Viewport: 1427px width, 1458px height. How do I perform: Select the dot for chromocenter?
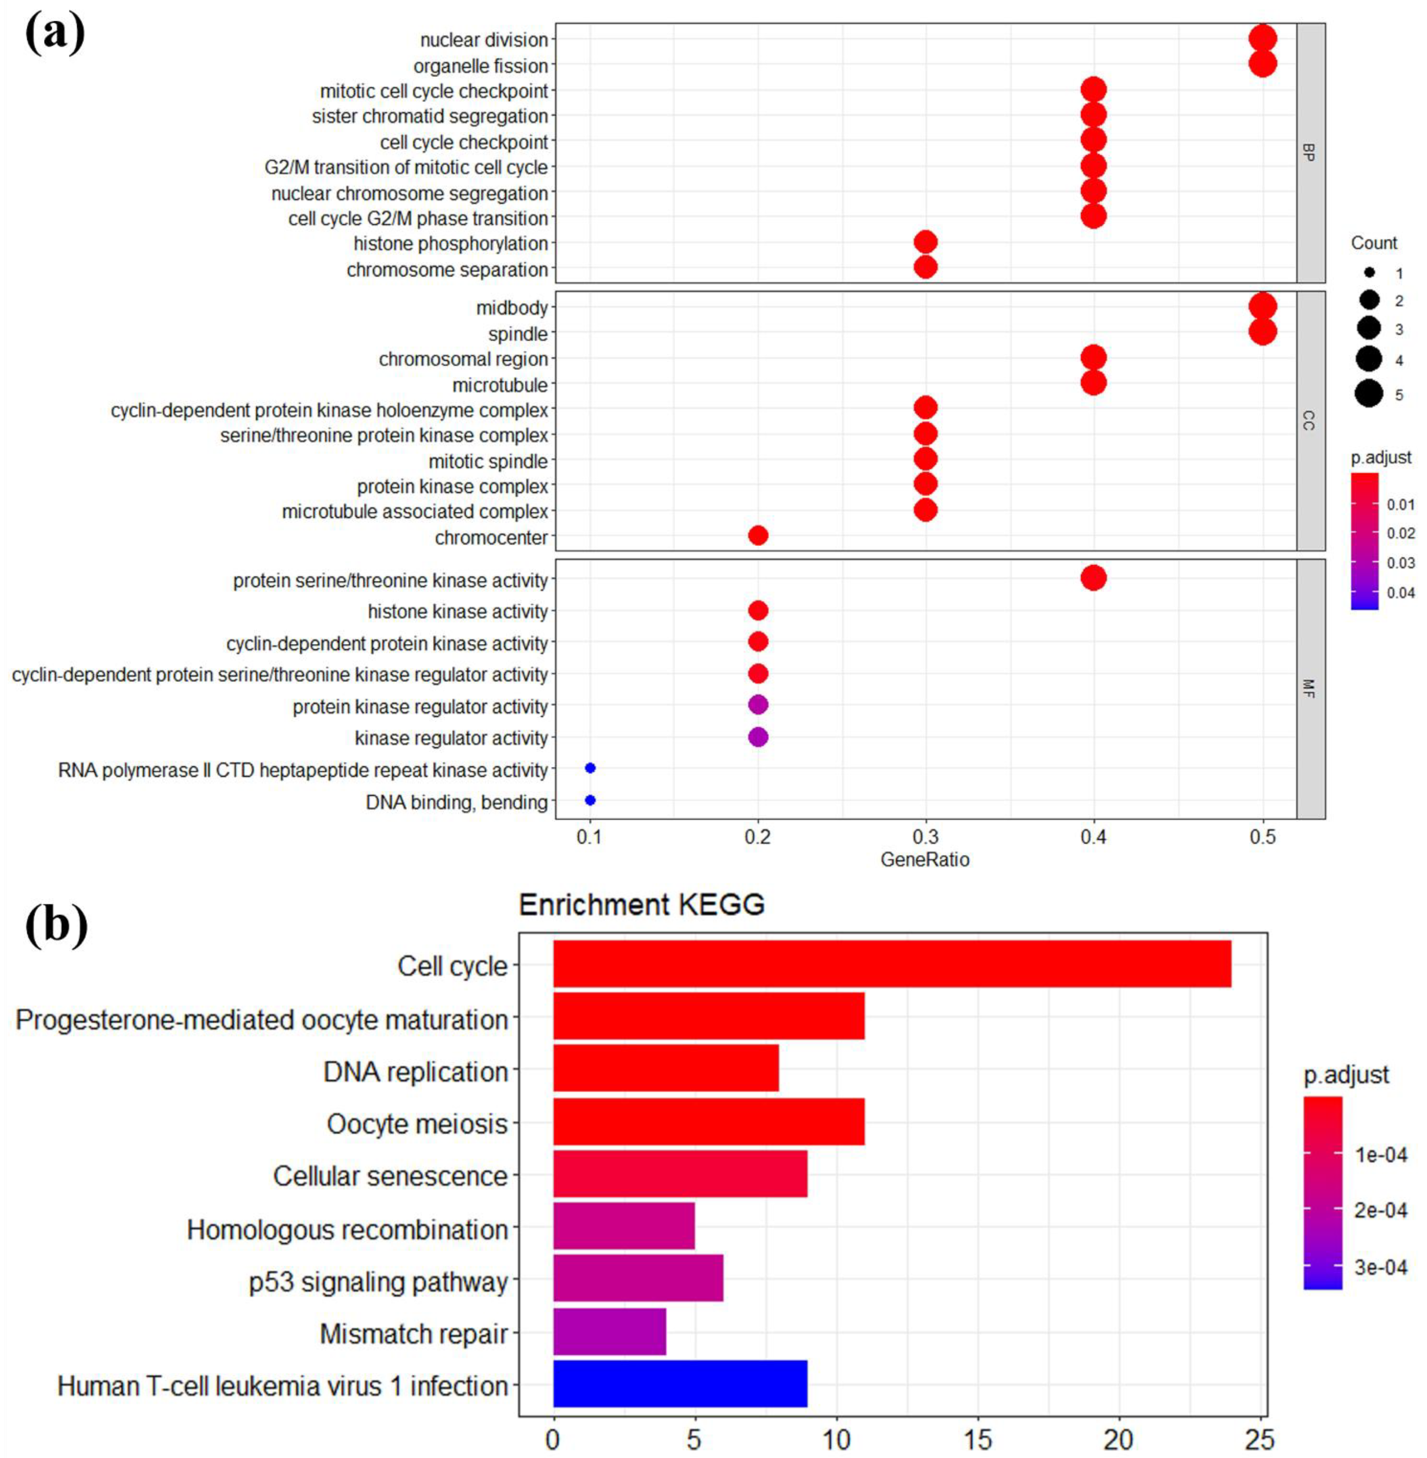[758, 535]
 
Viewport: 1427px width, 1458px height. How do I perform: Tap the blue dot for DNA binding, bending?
[590, 801]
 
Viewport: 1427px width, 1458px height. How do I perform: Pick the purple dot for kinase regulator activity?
[758, 737]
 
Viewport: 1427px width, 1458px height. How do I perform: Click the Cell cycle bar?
[892, 964]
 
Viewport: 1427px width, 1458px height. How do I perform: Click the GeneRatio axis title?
[925, 859]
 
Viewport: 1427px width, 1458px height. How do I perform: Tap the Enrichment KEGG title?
[642, 905]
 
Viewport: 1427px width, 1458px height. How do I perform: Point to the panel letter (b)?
[56, 926]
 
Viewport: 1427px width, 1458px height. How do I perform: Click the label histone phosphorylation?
[450, 244]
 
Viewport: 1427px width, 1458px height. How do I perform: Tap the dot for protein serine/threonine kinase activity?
[1094, 578]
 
